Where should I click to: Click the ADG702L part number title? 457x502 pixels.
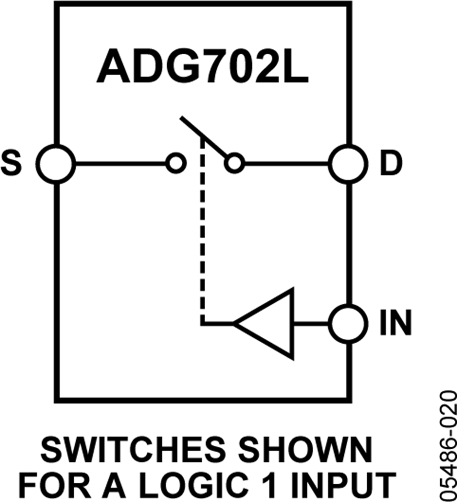point(202,67)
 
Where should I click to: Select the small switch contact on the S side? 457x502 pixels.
point(175,164)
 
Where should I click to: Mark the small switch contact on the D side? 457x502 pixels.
point(234,164)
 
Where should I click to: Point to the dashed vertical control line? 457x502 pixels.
point(203,228)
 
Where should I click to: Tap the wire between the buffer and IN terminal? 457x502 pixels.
point(311,323)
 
